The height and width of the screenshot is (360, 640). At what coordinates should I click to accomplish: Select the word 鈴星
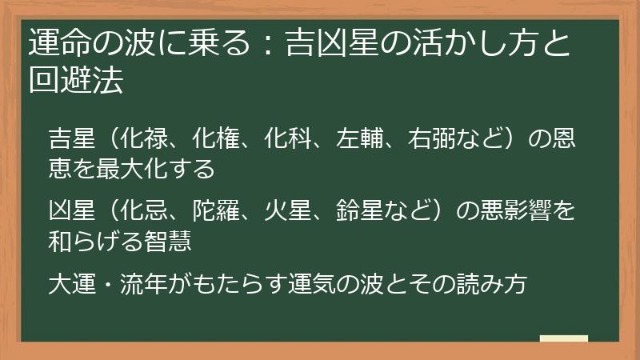pos(382,210)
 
